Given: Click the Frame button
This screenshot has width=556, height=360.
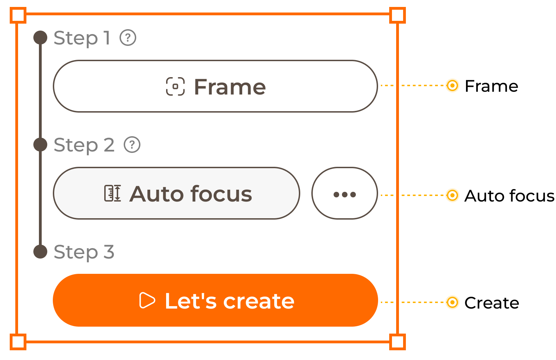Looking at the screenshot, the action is tap(215, 86).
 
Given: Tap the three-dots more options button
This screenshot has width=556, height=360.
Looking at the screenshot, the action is tap(344, 194).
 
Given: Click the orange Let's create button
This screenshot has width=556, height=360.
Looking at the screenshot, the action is tap(215, 300).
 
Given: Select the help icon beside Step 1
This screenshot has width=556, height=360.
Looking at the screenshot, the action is tap(128, 38).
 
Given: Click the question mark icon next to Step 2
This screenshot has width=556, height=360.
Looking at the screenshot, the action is tap(132, 145).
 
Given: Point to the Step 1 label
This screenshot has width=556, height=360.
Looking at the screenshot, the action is tap(82, 38).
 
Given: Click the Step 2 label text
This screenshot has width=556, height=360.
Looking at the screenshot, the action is tap(84, 145).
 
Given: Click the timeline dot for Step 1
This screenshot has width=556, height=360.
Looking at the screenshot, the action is tap(40, 38).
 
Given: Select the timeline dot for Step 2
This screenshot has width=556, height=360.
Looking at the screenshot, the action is tap(40, 145).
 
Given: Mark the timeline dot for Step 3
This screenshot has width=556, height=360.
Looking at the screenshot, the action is tap(40, 252).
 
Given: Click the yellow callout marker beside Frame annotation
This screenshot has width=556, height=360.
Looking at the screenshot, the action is tap(452, 85).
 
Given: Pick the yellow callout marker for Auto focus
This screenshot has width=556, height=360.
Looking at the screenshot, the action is tap(452, 195).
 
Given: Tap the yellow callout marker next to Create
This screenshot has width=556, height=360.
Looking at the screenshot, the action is tap(452, 302).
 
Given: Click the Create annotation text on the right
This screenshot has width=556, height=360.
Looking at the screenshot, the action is tap(492, 303).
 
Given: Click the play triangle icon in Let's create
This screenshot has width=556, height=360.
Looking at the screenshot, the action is tap(147, 301).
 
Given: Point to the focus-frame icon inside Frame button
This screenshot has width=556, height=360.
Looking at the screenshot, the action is tap(175, 87).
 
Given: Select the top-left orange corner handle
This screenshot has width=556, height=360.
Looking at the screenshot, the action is tap(18, 15).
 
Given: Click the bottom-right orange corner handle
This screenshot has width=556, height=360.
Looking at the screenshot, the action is tap(398, 342).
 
